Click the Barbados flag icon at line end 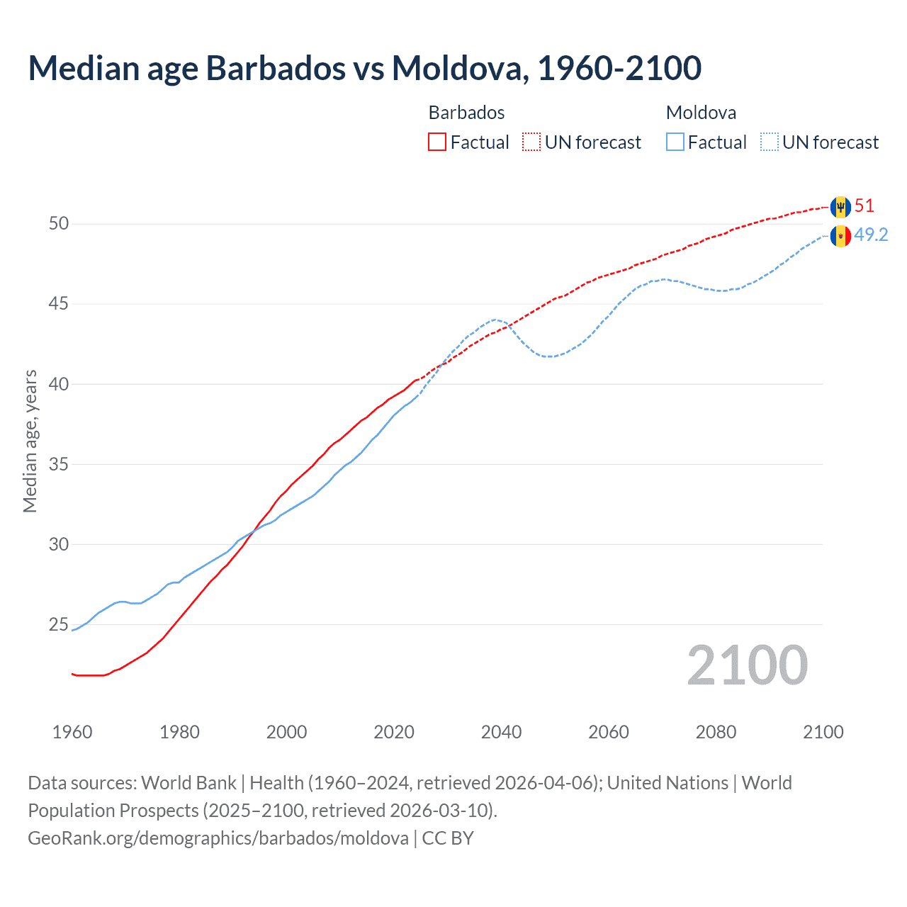click(x=840, y=207)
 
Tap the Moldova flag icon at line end click(x=840, y=236)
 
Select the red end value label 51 click(x=864, y=206)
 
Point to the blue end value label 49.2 click(x=871, y=235)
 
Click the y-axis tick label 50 click(x=59, y=224)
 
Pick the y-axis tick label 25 click(x=59, y=625)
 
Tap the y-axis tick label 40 click(x=59, y=384)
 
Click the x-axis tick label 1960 click(x=72, y=732)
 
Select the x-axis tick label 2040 click(x=501, y=732)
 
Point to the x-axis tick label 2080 click(x=716, y=732)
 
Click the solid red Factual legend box click(x=437, y=142)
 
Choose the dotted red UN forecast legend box click(x=531, y=142)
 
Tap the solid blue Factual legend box click(x=675, y=142)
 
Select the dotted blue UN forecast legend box click(x=769, y=142)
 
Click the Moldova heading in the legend click(x=701, y=113)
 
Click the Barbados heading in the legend click(x=466, y=113)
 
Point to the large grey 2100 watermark click(x=747, y=665)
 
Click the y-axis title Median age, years click(x=30, y=441)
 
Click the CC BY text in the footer click(x=448, y=838)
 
